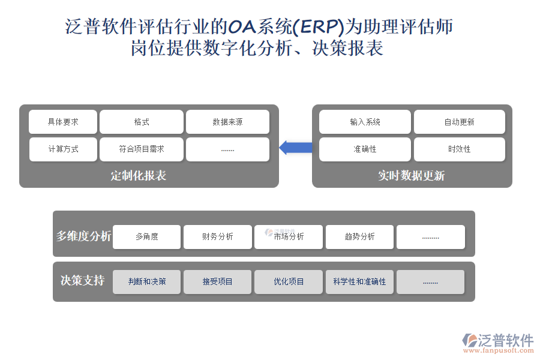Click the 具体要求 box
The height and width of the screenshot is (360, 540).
click(63, 122)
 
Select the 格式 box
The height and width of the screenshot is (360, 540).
click(142, 122)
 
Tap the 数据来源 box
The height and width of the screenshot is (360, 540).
click(227, 122)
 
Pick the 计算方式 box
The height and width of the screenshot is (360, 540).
click(63, 149)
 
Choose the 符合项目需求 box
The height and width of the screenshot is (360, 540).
click(142, 149)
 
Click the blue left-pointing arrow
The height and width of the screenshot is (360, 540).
click(296, 148)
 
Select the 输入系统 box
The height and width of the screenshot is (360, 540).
click(365, 122)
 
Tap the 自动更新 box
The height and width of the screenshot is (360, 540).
click(459, 122)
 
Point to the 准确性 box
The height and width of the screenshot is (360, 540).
click(365, 149)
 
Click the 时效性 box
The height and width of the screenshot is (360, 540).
click(459, 149)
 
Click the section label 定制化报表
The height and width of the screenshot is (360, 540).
click(139, 176)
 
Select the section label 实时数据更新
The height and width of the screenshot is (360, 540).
click(411, 176)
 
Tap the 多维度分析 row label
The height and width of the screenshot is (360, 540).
click(83, 236)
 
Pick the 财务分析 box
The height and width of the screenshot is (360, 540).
click(218, 237)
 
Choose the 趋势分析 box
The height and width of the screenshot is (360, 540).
click(359, 237)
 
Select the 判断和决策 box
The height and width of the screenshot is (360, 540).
click(147, 282)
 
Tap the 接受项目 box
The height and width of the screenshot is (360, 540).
click(218, 282)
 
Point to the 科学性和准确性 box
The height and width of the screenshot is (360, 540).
click(359, 282)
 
